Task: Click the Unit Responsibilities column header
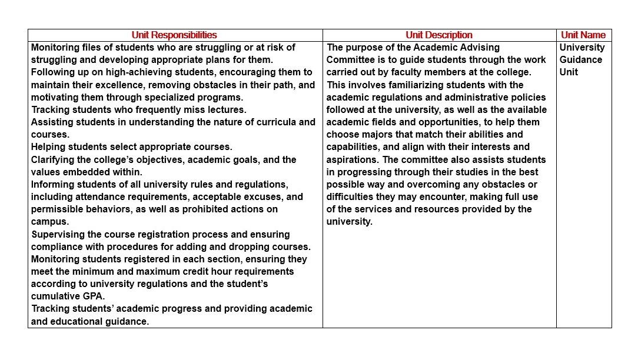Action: click(174, 35)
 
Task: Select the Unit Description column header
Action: click(439, 35)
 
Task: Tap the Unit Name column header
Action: click(583, 35)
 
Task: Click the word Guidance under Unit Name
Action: click(581, 60)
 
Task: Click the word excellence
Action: click(111, 85)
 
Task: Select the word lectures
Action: click(227, 110)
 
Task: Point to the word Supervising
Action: click(58, 235)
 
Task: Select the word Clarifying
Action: click(54, 160)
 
